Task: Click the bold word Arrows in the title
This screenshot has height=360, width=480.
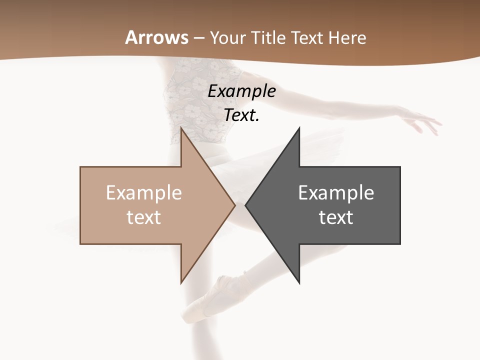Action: (x=157, y=37)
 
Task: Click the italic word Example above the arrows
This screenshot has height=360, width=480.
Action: (x=241, y=91)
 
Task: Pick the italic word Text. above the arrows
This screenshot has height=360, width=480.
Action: (x=241, y=115)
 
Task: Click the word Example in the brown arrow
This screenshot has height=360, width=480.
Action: (x=143, y=193)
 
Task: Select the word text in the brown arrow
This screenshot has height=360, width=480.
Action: (x=143, y=217)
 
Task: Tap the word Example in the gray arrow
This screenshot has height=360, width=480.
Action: (x=336, y=193)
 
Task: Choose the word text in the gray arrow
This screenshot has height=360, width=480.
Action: (x=336, y=217)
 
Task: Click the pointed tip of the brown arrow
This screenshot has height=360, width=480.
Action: (x=234, y=205)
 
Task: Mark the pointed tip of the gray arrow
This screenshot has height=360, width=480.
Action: (x=246, y=205)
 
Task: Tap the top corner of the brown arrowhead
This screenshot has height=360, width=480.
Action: (x=181, y=128)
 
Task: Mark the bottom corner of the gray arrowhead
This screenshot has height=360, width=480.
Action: (x=299, y=283)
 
